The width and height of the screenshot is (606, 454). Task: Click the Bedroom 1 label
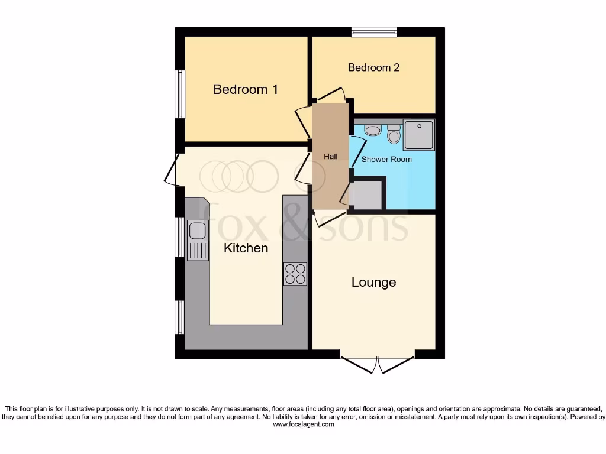pyautogui.click(x=246, y=90)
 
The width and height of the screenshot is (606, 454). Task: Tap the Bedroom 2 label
pyautogui.click(x=373, y=67)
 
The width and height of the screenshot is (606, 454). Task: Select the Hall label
pyautogui.click(x=331, y=157)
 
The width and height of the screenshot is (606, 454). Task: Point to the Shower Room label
pyautogui.click(x=386, y=159)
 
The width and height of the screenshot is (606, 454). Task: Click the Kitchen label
pyautogui.click(x=246, y=248)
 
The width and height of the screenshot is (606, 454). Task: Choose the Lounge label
pyautogui.click(x=373, y=283)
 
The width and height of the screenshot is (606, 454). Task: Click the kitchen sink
pyautogui.click(x=198, y=240)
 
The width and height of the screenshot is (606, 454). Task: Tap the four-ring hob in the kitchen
pyautogui.click(x=295, y=274)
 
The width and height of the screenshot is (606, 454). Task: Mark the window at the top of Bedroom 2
pyautogui.click(x=373, y=31)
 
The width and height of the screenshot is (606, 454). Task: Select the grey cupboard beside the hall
pyautogui.click(x=366, y=195)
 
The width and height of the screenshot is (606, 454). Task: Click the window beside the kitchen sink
pyautogui.click(x=179, y=236)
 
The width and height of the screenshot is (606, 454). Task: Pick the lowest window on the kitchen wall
pyautogui.click(x=179, y=317)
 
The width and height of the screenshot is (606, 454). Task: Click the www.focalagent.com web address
pyautogui.click(x=302, y=424)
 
